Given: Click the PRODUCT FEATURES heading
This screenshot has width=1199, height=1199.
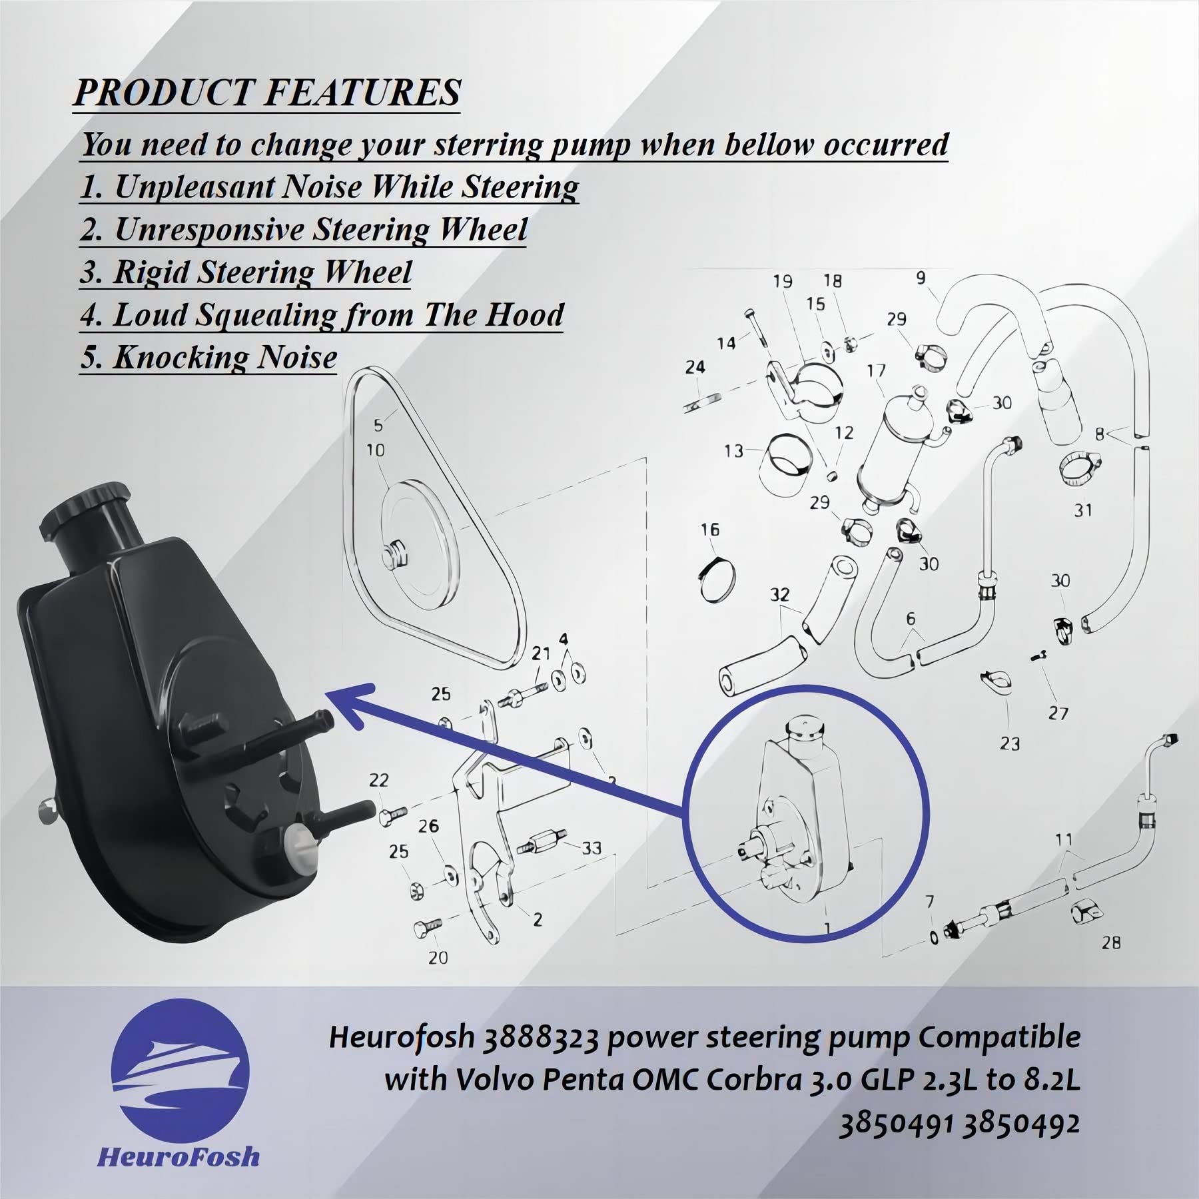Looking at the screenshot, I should click(266, 92).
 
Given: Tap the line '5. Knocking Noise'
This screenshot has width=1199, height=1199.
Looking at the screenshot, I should click(208, 357).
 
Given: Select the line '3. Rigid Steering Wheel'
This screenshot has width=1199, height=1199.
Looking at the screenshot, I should click(246, 272).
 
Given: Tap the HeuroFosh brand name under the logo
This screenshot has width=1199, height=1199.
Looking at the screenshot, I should click(178, 1156).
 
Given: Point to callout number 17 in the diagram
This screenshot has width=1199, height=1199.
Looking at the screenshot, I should click(876, 370).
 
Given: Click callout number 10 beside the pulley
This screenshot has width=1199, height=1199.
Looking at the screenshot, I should click(375, 450).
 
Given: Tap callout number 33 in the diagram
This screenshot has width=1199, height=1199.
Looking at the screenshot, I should click(591, 848).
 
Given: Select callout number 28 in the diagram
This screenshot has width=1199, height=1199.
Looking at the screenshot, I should click(1110, 943).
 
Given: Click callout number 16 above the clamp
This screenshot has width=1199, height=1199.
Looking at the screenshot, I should click(710, 530).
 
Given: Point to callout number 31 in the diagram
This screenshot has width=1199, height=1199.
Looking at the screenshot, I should click(1083, 510).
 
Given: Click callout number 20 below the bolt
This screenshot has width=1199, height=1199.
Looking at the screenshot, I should click(438, 958).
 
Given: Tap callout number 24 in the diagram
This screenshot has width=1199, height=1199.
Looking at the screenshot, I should click(695, 367).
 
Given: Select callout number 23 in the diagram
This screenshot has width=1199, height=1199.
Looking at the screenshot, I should click(1010, 743).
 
